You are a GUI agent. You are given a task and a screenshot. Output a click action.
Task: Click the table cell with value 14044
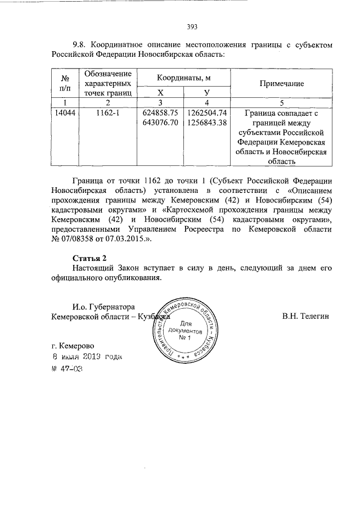click(x=64, y=112)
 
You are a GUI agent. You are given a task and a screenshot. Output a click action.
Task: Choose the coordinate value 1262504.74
click(x=206, y=112)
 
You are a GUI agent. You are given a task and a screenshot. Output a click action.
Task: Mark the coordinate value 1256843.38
click(x=206, y=122)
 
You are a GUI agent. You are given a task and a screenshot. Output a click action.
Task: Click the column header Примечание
click(x=281, y=83)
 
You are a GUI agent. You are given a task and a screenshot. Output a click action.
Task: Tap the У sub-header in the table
click(x=206, y=92)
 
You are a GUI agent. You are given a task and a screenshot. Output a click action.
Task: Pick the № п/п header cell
click(x=64, y=83)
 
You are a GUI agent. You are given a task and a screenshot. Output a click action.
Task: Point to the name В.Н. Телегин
click(x=305, y=317)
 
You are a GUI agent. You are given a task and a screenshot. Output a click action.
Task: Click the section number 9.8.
click(x=80, y=44)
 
